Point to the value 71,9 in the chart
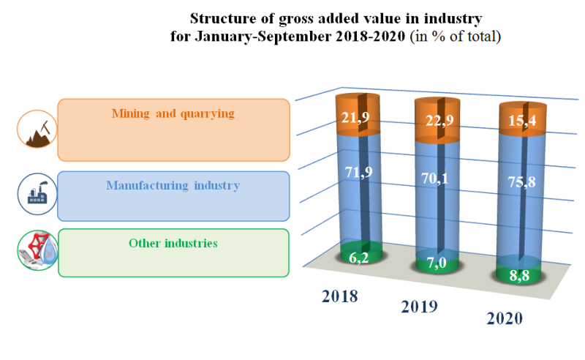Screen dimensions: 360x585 coord(355,173)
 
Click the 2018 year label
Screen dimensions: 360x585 coord(340,297)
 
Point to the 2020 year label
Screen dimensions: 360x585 coord(505,319)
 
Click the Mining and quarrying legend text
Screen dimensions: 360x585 coord(173,113)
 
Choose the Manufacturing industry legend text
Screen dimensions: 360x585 coord(173,185)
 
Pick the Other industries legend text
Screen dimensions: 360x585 coord(173,243)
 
